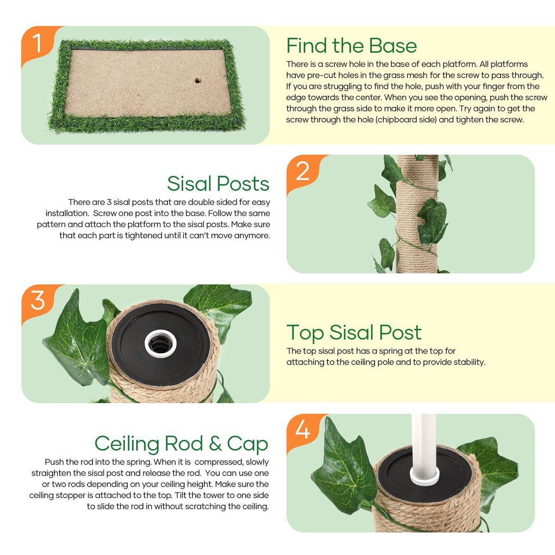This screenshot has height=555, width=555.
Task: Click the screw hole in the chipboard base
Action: coord(197,80)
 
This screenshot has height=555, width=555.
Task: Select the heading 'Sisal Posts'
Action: coord(218,184)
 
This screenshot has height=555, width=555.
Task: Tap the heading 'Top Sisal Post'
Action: coord(354,333)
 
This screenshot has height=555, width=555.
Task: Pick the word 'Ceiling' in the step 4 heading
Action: coord(127,444)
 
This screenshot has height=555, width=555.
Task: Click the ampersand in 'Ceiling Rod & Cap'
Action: coord(216,444)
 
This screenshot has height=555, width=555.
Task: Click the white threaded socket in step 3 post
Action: coord(160,344)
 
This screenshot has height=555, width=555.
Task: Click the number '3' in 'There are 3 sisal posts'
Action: coord(109,202)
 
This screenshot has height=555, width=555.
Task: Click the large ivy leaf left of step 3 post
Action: coord(76,340)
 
